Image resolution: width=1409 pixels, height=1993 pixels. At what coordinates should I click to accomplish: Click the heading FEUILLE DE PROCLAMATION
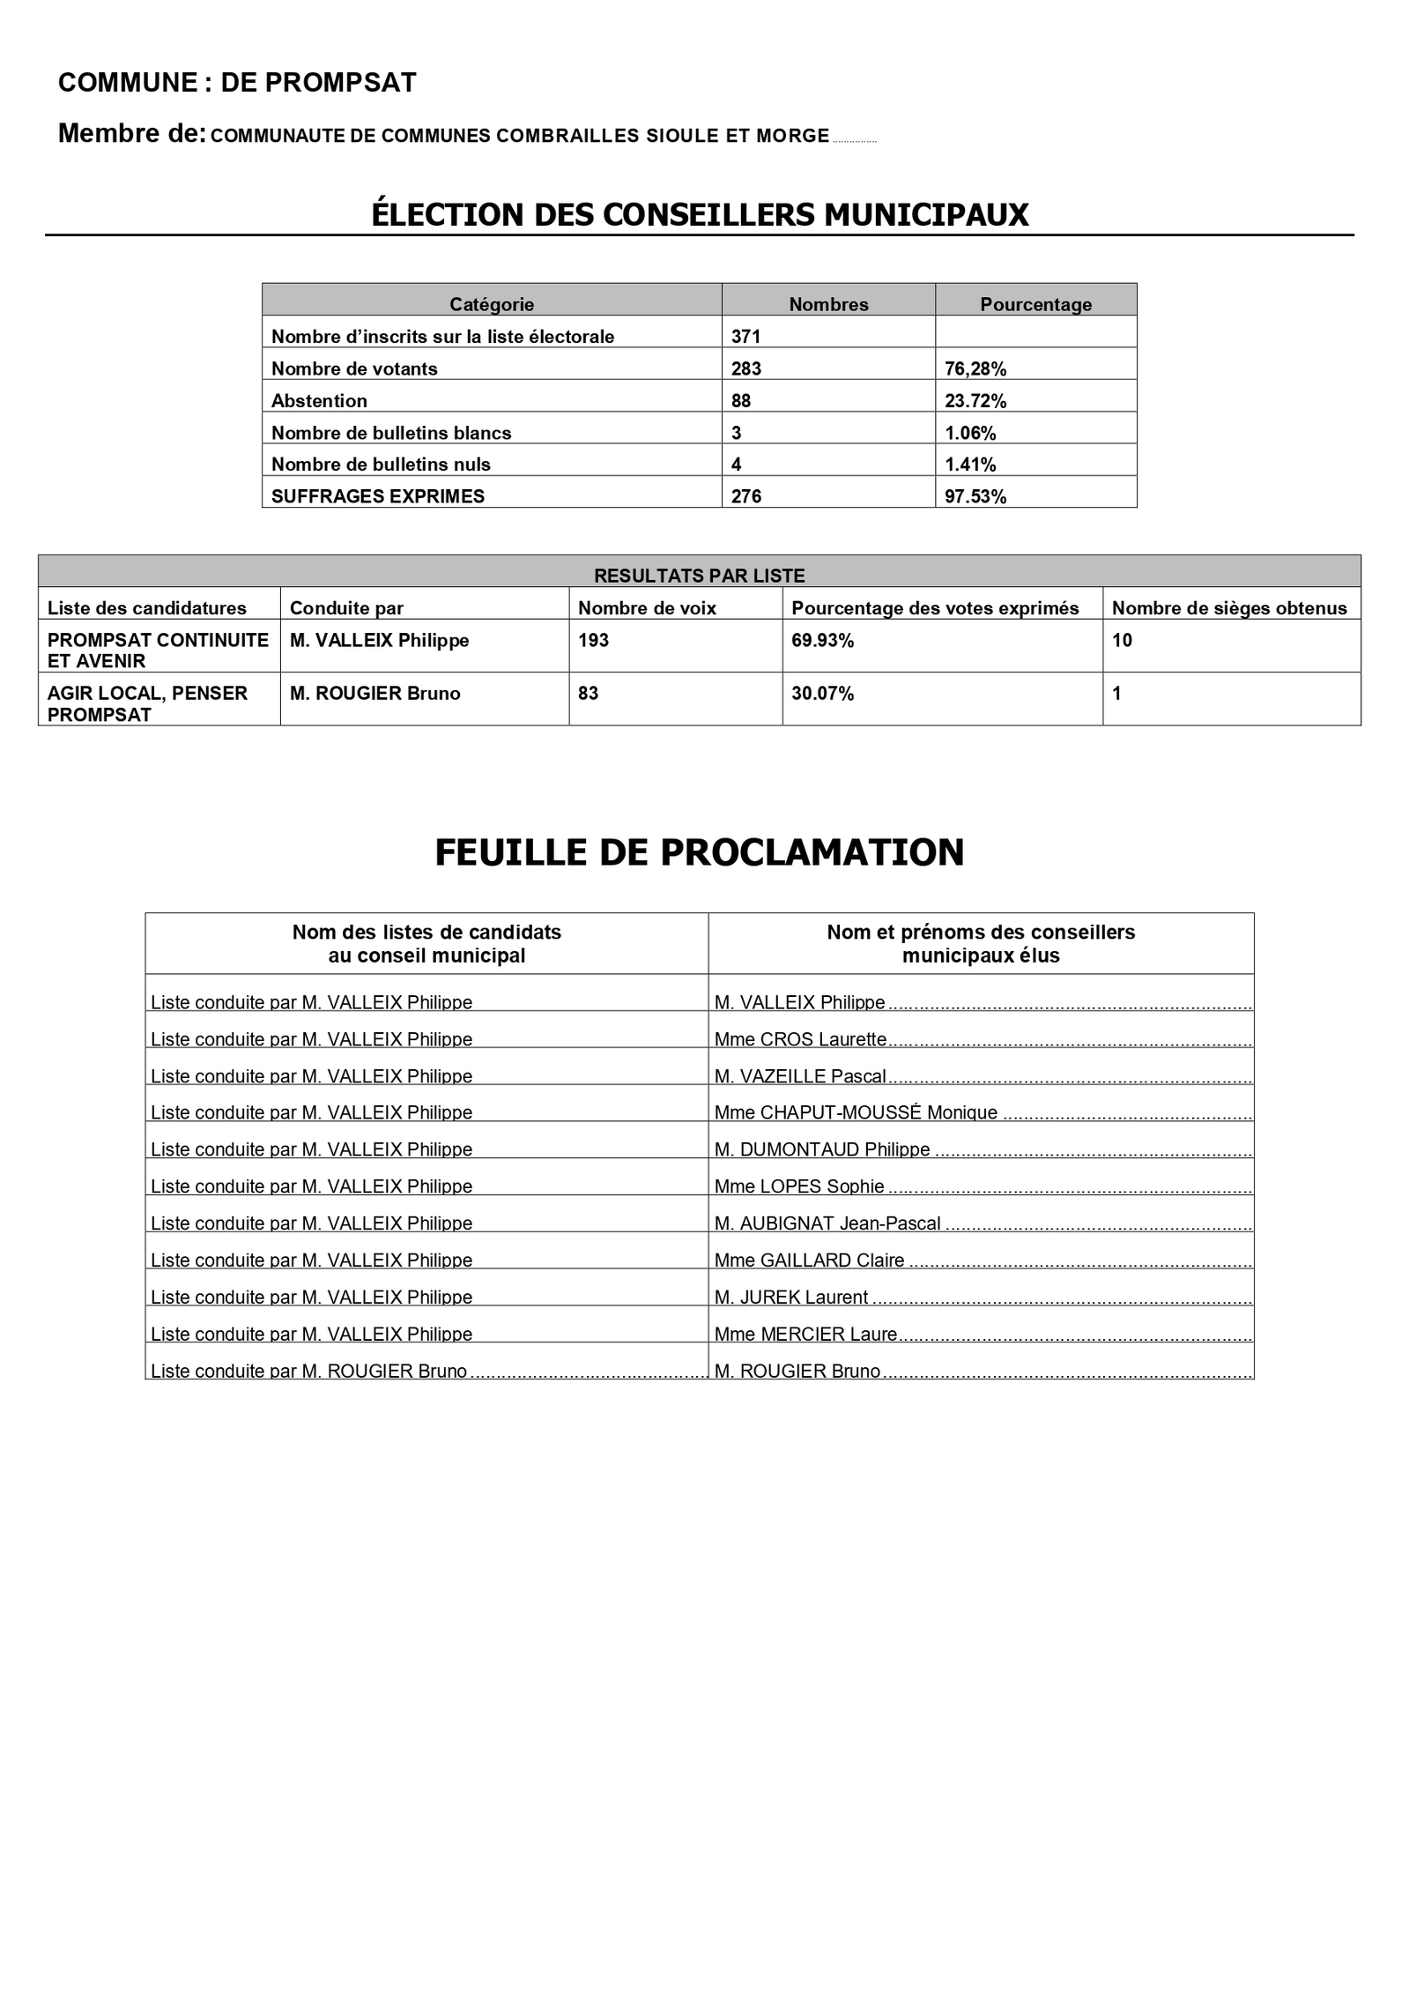coord(700,852)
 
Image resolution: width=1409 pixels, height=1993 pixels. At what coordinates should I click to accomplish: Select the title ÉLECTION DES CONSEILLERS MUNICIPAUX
coord(700,215)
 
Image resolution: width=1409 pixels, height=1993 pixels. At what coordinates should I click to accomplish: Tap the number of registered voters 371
coord(745,337)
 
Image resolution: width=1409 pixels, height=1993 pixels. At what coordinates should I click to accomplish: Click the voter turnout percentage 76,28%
coord(975,369)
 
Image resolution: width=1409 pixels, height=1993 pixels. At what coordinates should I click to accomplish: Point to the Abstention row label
coord(319,401)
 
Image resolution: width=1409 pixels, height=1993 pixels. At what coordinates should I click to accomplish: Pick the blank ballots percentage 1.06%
coord(970,433)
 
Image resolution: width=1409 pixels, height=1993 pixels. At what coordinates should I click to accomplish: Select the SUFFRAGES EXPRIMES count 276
coord(746,496)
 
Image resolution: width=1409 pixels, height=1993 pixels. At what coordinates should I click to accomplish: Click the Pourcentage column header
coord(1035,305)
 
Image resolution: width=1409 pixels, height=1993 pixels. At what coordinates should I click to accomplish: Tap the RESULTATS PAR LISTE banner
coord(700,576)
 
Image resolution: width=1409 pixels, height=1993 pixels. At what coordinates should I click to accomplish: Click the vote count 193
coord(594,641)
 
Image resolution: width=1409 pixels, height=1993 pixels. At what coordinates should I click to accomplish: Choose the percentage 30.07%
coord(823,694)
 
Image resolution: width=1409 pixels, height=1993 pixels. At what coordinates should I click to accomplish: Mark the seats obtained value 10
coord(1122,641)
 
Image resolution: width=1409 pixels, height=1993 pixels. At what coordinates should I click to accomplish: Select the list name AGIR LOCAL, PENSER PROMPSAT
coord(147,703)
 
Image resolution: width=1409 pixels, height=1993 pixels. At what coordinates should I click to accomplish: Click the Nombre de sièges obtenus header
coord(1229,608)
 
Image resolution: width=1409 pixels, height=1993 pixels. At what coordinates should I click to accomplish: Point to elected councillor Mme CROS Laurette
coord(800,1039)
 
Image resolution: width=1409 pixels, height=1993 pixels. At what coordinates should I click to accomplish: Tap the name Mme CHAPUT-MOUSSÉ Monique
coord(856,1112)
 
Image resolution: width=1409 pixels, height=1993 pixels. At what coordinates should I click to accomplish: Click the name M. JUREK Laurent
coord(791,1298)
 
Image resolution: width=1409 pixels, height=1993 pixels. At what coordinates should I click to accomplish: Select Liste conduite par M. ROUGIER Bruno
coord(308,1372)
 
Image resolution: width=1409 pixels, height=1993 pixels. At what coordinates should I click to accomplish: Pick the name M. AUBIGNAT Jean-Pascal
coord(827,1223)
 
